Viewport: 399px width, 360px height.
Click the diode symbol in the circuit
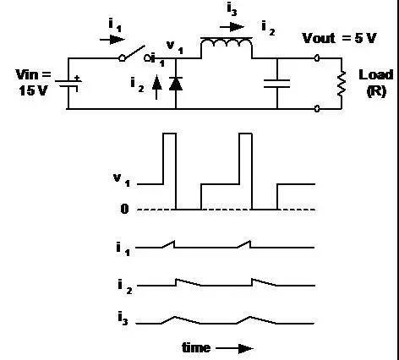click(176, 84)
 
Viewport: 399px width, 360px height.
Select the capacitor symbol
click(277, 84)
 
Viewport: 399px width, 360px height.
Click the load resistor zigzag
click(342, 84)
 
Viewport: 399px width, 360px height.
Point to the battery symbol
click(68, 84)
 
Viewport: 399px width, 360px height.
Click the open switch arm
click(133, 53)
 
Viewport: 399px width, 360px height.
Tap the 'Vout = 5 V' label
click(339, 38)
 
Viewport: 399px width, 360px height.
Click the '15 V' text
click(33, 90)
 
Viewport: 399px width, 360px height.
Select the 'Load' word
click(376, 75)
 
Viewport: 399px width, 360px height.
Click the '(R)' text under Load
click(376, 91)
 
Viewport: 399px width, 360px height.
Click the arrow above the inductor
click(232, 27)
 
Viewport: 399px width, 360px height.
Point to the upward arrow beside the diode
click(157, 88)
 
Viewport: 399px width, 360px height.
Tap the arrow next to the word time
click(234, 349)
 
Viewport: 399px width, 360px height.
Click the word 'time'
click(196, 347)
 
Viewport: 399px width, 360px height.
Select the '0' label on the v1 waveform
click(124, 209)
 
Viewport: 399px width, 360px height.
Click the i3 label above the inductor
click(232, 9)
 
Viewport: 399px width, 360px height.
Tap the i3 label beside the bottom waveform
click(123, 319)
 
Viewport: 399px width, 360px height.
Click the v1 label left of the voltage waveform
click(122, 180)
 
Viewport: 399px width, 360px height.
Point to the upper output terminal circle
click(317, 58)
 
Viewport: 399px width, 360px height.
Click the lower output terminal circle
click(317, 109)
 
